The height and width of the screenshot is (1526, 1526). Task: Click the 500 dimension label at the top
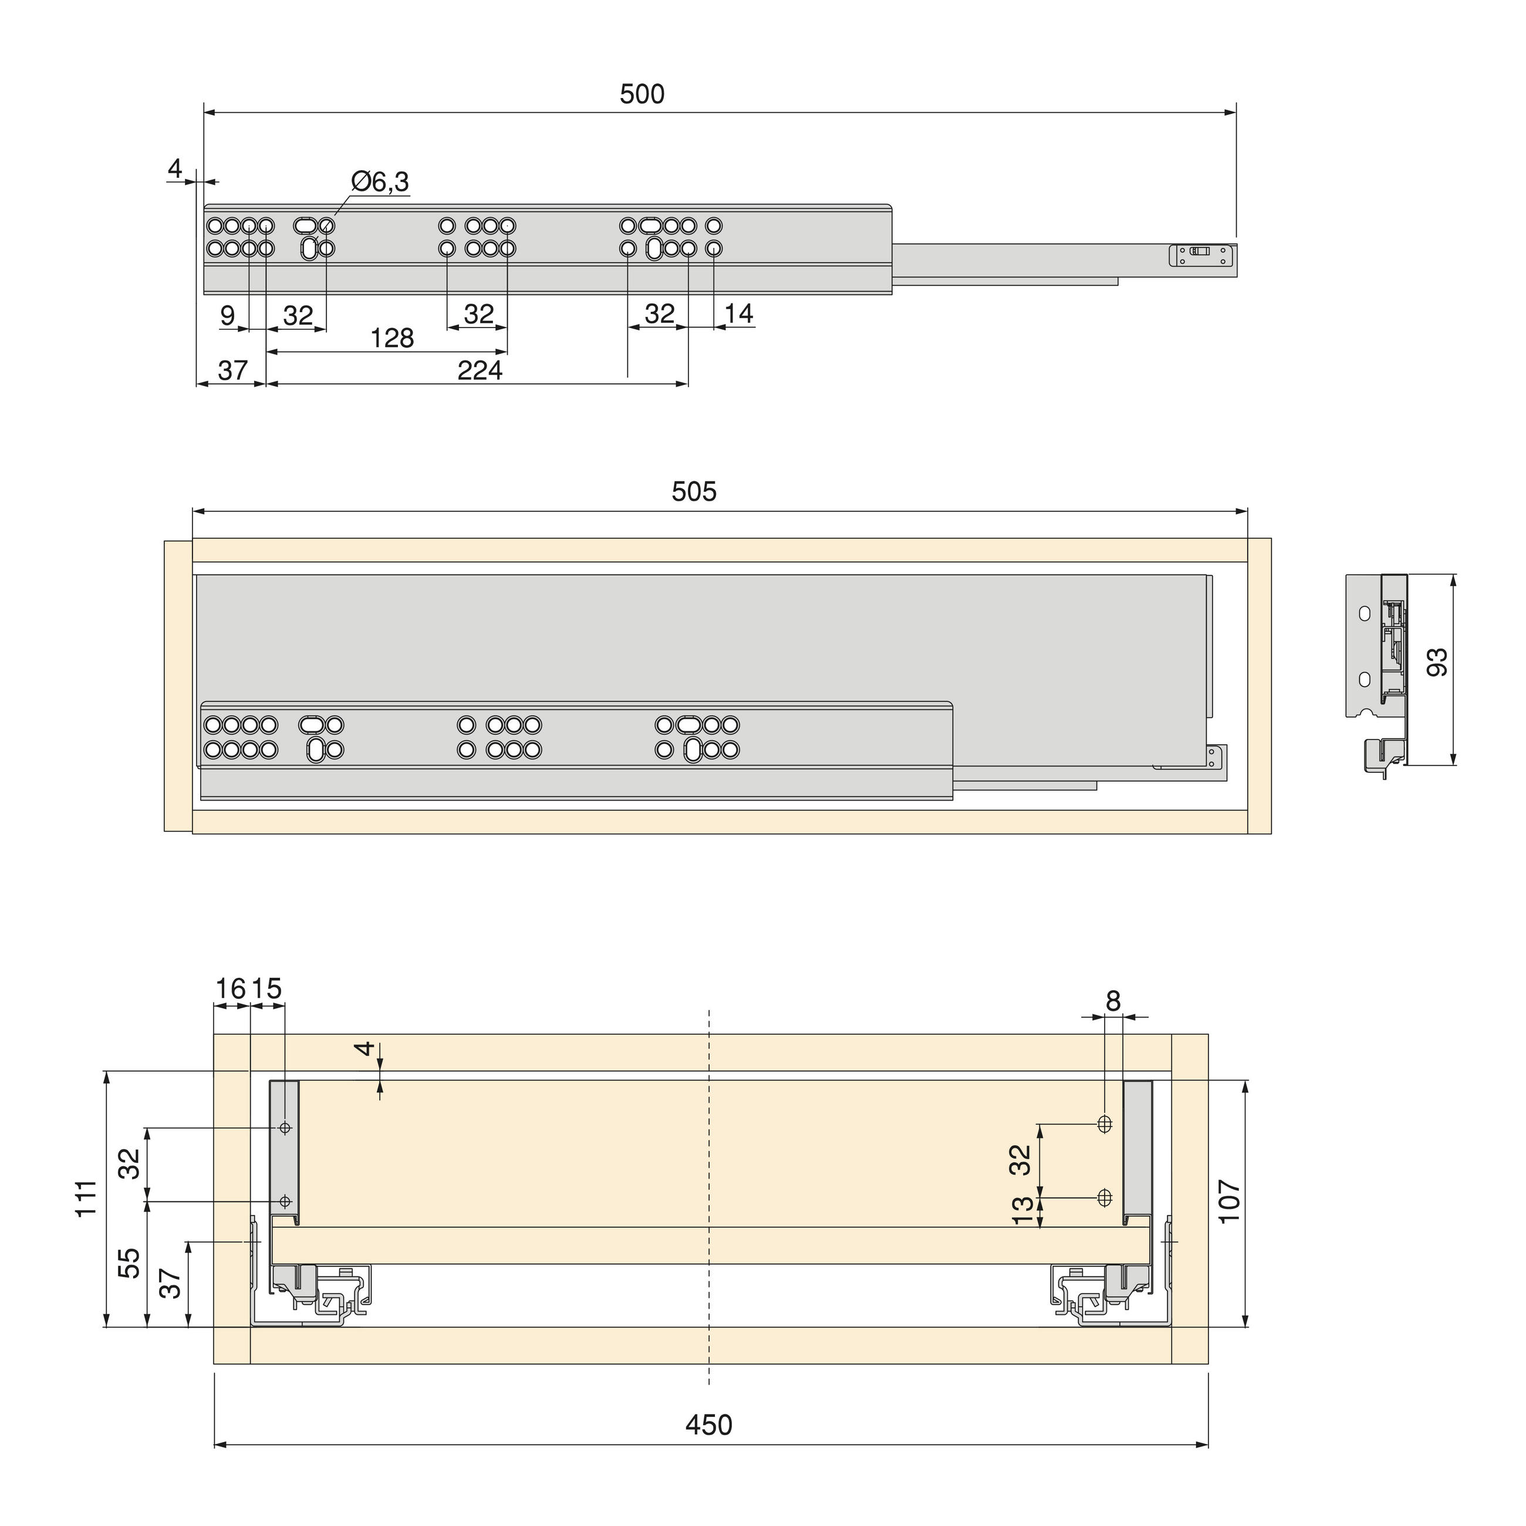click(x=642, y=94)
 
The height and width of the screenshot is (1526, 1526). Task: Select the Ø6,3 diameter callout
click(x=380, y=182)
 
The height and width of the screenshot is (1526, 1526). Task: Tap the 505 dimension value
click(x=694, y=491)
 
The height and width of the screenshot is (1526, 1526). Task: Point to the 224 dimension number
click(x=480, y=370)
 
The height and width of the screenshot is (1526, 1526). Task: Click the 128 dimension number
click(x=391, y=338)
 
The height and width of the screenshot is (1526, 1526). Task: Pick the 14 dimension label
click(x=738, y=313)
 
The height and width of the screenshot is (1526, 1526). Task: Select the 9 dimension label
click(x=228, y=315)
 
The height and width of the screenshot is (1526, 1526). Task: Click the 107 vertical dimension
click(x=1229, y=1201)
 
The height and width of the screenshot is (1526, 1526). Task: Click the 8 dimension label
click(x=1113, y=1001)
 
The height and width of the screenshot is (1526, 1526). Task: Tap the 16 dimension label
click(x=231, y=988)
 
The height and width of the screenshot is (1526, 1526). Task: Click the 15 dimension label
click(x=268, y=988)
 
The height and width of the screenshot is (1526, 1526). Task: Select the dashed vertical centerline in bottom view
click(x=709, y=1185)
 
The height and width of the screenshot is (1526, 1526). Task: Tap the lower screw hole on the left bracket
click(x=285, y=1201)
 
